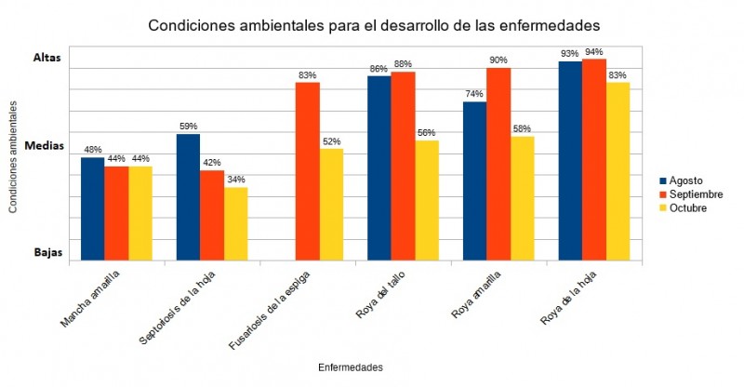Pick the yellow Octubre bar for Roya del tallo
coord(427,200)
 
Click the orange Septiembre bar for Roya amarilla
coord(498,164)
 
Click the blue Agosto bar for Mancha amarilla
coord(93,209)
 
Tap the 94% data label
coord(594,52)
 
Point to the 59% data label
coord(188,127)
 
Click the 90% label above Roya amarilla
coord(498,60)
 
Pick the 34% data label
coord(236,180)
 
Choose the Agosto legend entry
coord(683,180)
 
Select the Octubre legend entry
coord(684,207)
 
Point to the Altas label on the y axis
coord(46,58)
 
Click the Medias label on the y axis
coord(43,146)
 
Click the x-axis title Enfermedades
coord(350,367)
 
